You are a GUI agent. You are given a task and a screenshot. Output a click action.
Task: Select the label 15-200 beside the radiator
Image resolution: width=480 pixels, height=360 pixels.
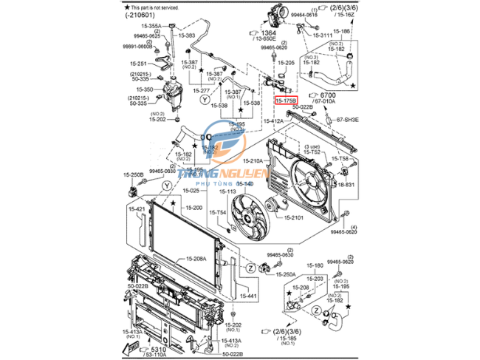click(193, 208)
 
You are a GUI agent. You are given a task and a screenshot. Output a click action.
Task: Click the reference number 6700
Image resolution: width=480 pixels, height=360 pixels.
click(328, 95)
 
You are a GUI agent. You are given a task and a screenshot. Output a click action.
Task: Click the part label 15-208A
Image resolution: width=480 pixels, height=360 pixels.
click(197, 259)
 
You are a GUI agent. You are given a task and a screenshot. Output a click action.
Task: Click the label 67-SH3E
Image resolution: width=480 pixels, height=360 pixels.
click(348, 119)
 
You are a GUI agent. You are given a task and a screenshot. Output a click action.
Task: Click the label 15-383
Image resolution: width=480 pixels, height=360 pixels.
click(186, 35)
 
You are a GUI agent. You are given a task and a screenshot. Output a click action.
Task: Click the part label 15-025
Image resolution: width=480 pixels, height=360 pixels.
click(192, 191)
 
